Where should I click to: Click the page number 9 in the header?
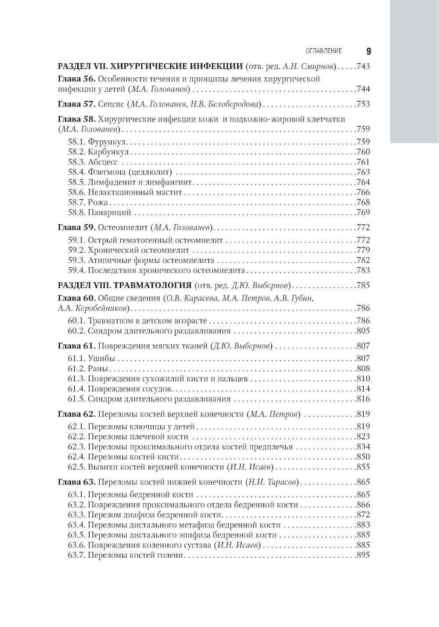click(x=368, y=51)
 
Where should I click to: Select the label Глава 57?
click(x=77, y=104)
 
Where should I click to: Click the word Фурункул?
click(x=107, y=142)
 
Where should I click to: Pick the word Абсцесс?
click(x=103, y=162)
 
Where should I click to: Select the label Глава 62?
click(x=76, y=414)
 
